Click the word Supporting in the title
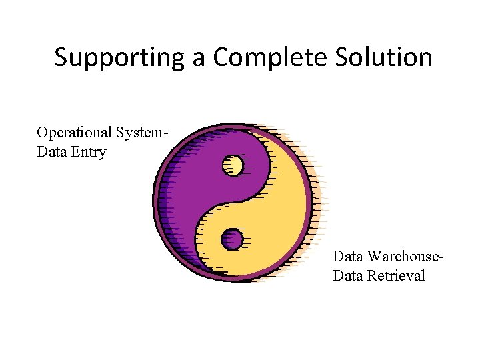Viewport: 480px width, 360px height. [x=120, y=58]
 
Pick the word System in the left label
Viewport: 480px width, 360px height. [x=139, y=133]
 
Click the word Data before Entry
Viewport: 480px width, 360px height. [x=53, y=152]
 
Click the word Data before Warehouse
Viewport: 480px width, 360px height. [x=348, y=256]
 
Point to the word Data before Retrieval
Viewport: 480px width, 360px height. [x=348, y=275]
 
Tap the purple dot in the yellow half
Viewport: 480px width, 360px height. [x=232, y=238]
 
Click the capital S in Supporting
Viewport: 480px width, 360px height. [x=61, y=58]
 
